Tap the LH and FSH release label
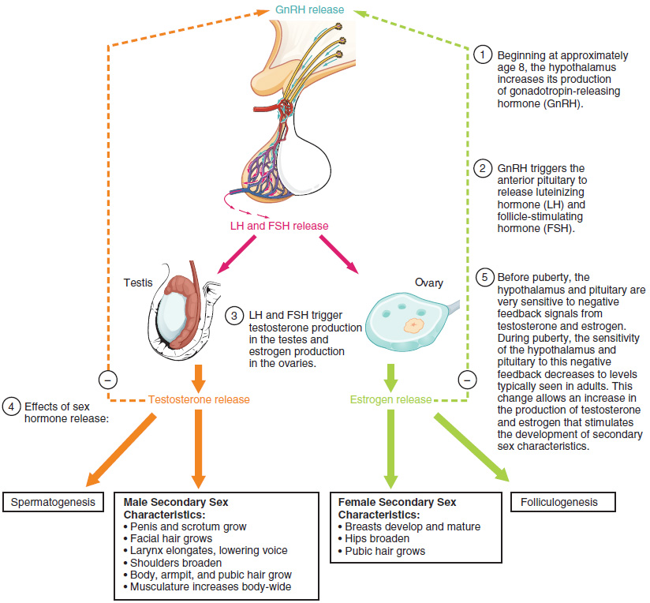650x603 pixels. pos(278,227)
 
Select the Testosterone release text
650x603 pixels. pos(199,399)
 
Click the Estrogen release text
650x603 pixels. pos(390,399)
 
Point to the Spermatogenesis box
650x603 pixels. pos(54,501)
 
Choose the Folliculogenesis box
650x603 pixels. pos(562,501)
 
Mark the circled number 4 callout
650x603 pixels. pos(9,406)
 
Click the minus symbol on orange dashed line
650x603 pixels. pos(106,378)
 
